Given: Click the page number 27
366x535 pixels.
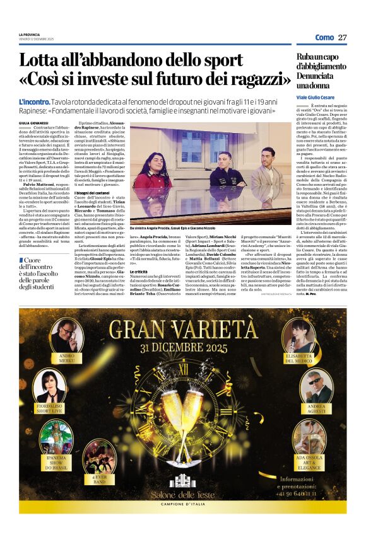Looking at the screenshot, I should pyautogui.click(x=342, y=37).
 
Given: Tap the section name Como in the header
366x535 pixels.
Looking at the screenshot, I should pyautogui.click(x=324, y=37).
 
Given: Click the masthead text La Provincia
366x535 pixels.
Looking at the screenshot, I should pyautogui.click(x=28, y=34).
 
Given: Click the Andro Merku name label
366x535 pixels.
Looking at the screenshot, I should pyautogui.click(x=67, y=359).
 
